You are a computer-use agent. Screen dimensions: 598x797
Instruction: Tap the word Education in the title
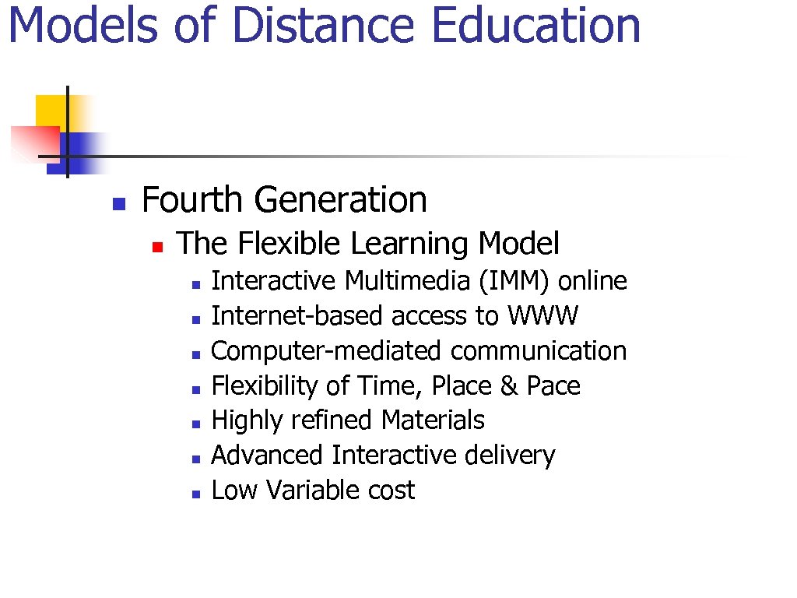535,25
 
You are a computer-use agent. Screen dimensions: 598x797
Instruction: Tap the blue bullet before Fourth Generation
118,205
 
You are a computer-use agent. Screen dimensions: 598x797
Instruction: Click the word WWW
543,316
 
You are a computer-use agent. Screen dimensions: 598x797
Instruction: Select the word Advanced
267,456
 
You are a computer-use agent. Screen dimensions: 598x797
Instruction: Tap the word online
593,281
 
